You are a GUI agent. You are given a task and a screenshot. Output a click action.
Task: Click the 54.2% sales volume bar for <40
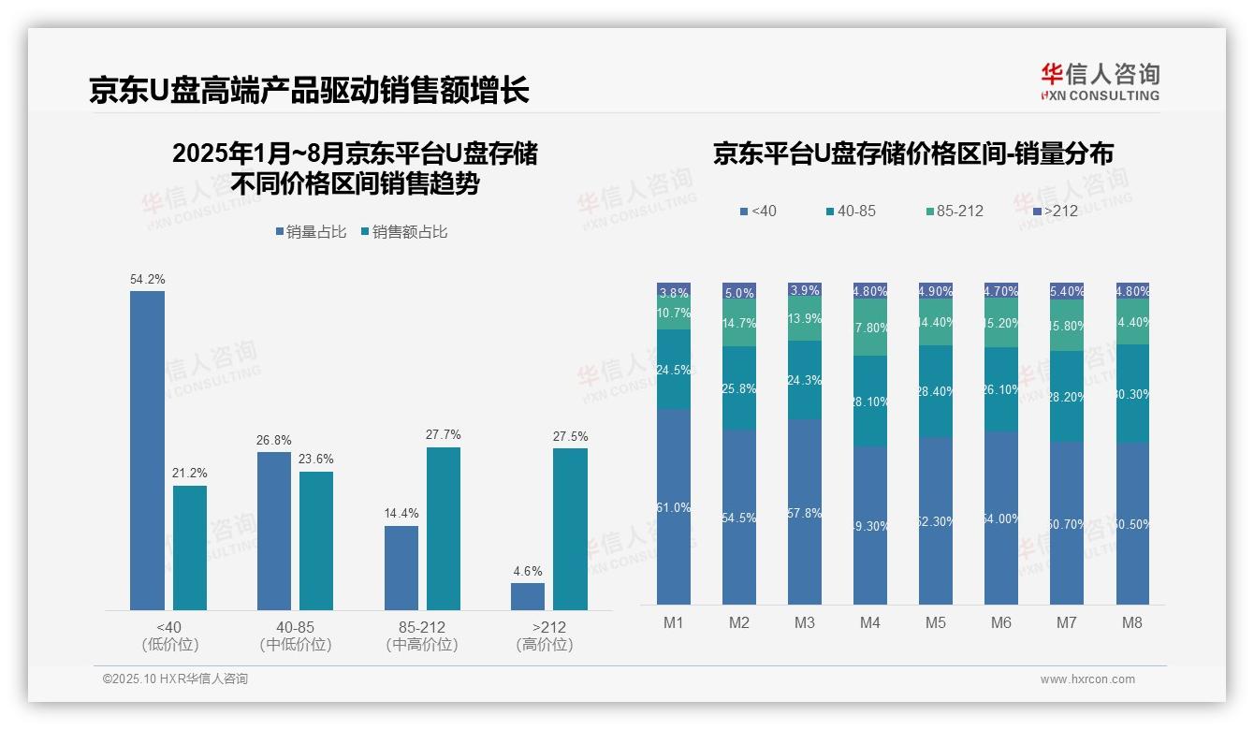[147, 450]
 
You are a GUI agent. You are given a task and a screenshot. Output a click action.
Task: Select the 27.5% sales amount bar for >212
[570, 529]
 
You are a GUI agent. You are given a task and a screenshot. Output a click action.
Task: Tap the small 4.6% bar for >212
[527, 596]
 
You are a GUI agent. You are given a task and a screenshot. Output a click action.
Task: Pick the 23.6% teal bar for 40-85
[316, 540]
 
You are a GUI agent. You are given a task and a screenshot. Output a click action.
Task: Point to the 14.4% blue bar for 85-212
[401, 567]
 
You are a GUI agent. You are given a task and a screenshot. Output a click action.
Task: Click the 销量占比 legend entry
[311, 231]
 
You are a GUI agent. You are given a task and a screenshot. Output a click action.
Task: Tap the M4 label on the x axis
[870, 622]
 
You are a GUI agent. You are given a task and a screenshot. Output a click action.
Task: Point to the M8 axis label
[1132, 622]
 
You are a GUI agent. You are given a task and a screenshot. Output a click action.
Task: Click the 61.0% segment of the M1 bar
[674, 506]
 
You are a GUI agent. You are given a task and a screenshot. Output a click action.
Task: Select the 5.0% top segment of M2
[739, 292]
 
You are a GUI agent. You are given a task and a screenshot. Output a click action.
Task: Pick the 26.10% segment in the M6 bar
[1001, 389]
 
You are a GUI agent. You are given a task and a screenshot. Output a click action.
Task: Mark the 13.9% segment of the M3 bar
[805, 320]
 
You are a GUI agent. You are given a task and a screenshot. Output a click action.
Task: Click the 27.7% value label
[444, 434]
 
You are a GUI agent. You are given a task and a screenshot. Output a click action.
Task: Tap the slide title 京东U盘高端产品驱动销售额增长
[309, 90]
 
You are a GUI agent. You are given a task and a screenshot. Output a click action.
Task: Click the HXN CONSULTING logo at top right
[1100, 82]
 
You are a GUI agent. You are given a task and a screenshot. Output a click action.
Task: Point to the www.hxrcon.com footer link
[1087, 679]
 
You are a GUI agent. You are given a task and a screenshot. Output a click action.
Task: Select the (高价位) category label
[545, 645]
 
